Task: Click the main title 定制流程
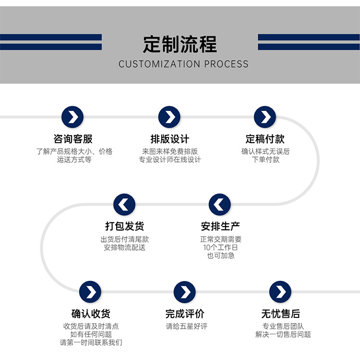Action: pos(180,45)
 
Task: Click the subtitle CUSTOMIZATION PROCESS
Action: pos(183,64)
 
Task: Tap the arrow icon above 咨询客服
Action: pos(72,117)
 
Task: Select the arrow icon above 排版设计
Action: pos(169,117)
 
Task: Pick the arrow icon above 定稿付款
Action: pos(265,117)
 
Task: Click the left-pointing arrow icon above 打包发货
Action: pos(124,205)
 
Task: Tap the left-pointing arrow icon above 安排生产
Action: pos(220,205)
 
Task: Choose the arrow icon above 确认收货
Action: pos(90,291)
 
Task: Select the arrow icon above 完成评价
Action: pos(185,291)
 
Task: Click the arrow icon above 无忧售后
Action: pos(280,291)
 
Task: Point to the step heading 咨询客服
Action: pos(73,139)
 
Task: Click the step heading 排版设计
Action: pos(169,139)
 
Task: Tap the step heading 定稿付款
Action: pos(265,139)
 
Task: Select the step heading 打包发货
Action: pos(124,226)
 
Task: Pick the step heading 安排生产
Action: pos(220,226)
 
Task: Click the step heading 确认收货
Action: pos(91,314)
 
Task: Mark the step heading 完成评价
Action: pos(185,314)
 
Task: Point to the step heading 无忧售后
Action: pos(281,314)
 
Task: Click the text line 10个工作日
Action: pos(220,247)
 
